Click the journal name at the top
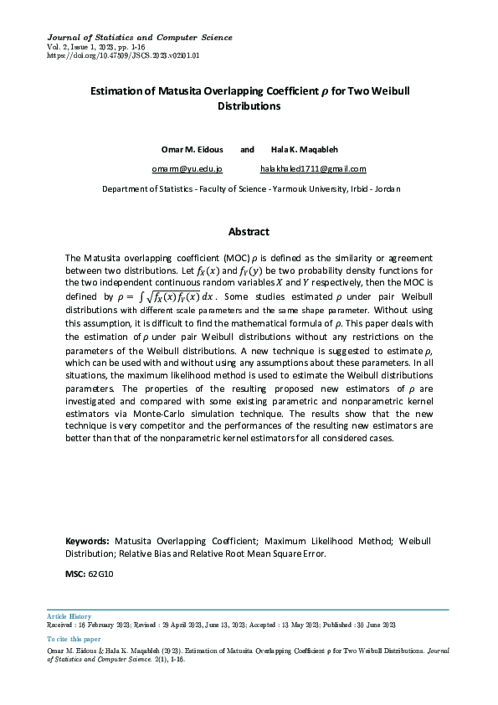tap(139, 38)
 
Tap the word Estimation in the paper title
tap(118, 91)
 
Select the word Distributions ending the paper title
tap(249, 106)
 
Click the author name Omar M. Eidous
tap(191, 149)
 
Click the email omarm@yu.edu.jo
tap(187, 169)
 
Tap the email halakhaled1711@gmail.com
tap(313, 169)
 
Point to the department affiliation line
tap(251, 189)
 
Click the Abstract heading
tap(249, 232)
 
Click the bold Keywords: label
tap(87, 542)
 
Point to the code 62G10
tap(100, 574)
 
